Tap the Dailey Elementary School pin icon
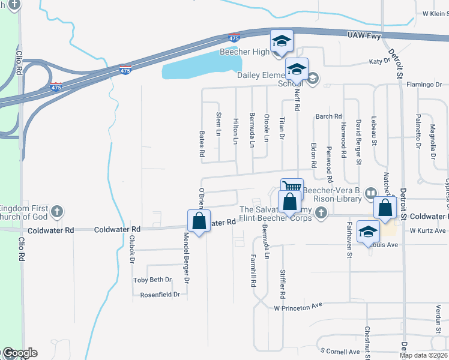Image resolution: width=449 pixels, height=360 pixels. pyautogui.click(x=297, y=70)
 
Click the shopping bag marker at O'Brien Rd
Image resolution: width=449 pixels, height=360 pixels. pyautogui.click(x=199, y=221)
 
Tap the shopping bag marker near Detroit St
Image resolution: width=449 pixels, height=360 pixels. pyautogui.click(x=385, y=208)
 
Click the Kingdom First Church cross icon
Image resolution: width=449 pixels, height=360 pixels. pyautogui.click(x=57, y=211)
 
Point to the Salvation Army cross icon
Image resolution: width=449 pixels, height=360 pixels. pyautogui.click(x=322, y=212)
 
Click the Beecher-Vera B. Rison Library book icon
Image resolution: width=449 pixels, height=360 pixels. pyautogui.click(x=370, y=193)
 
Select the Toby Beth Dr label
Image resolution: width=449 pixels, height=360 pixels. pyautogui.click(x=152, y=280)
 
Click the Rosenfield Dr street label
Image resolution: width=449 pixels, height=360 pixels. pyautogui.click(x=160, y=295)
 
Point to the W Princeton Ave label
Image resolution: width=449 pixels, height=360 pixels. pyautogui.click(x=298, y=307)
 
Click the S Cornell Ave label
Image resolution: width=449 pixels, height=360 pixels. pyautogui.click(x=340, y=351)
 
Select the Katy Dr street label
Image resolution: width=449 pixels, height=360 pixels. pyautogui.click(x=376, y=61)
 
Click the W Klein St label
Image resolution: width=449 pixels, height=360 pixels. pyautogui.click(x=435, y=13)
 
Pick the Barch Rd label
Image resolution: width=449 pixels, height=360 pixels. pyautogui.click(x=328, y=116)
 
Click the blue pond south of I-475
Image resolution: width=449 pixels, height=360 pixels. pyautogui.click(x=201, y=66)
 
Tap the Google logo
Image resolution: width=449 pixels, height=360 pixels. pyautogui.click(x=19, y=353)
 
